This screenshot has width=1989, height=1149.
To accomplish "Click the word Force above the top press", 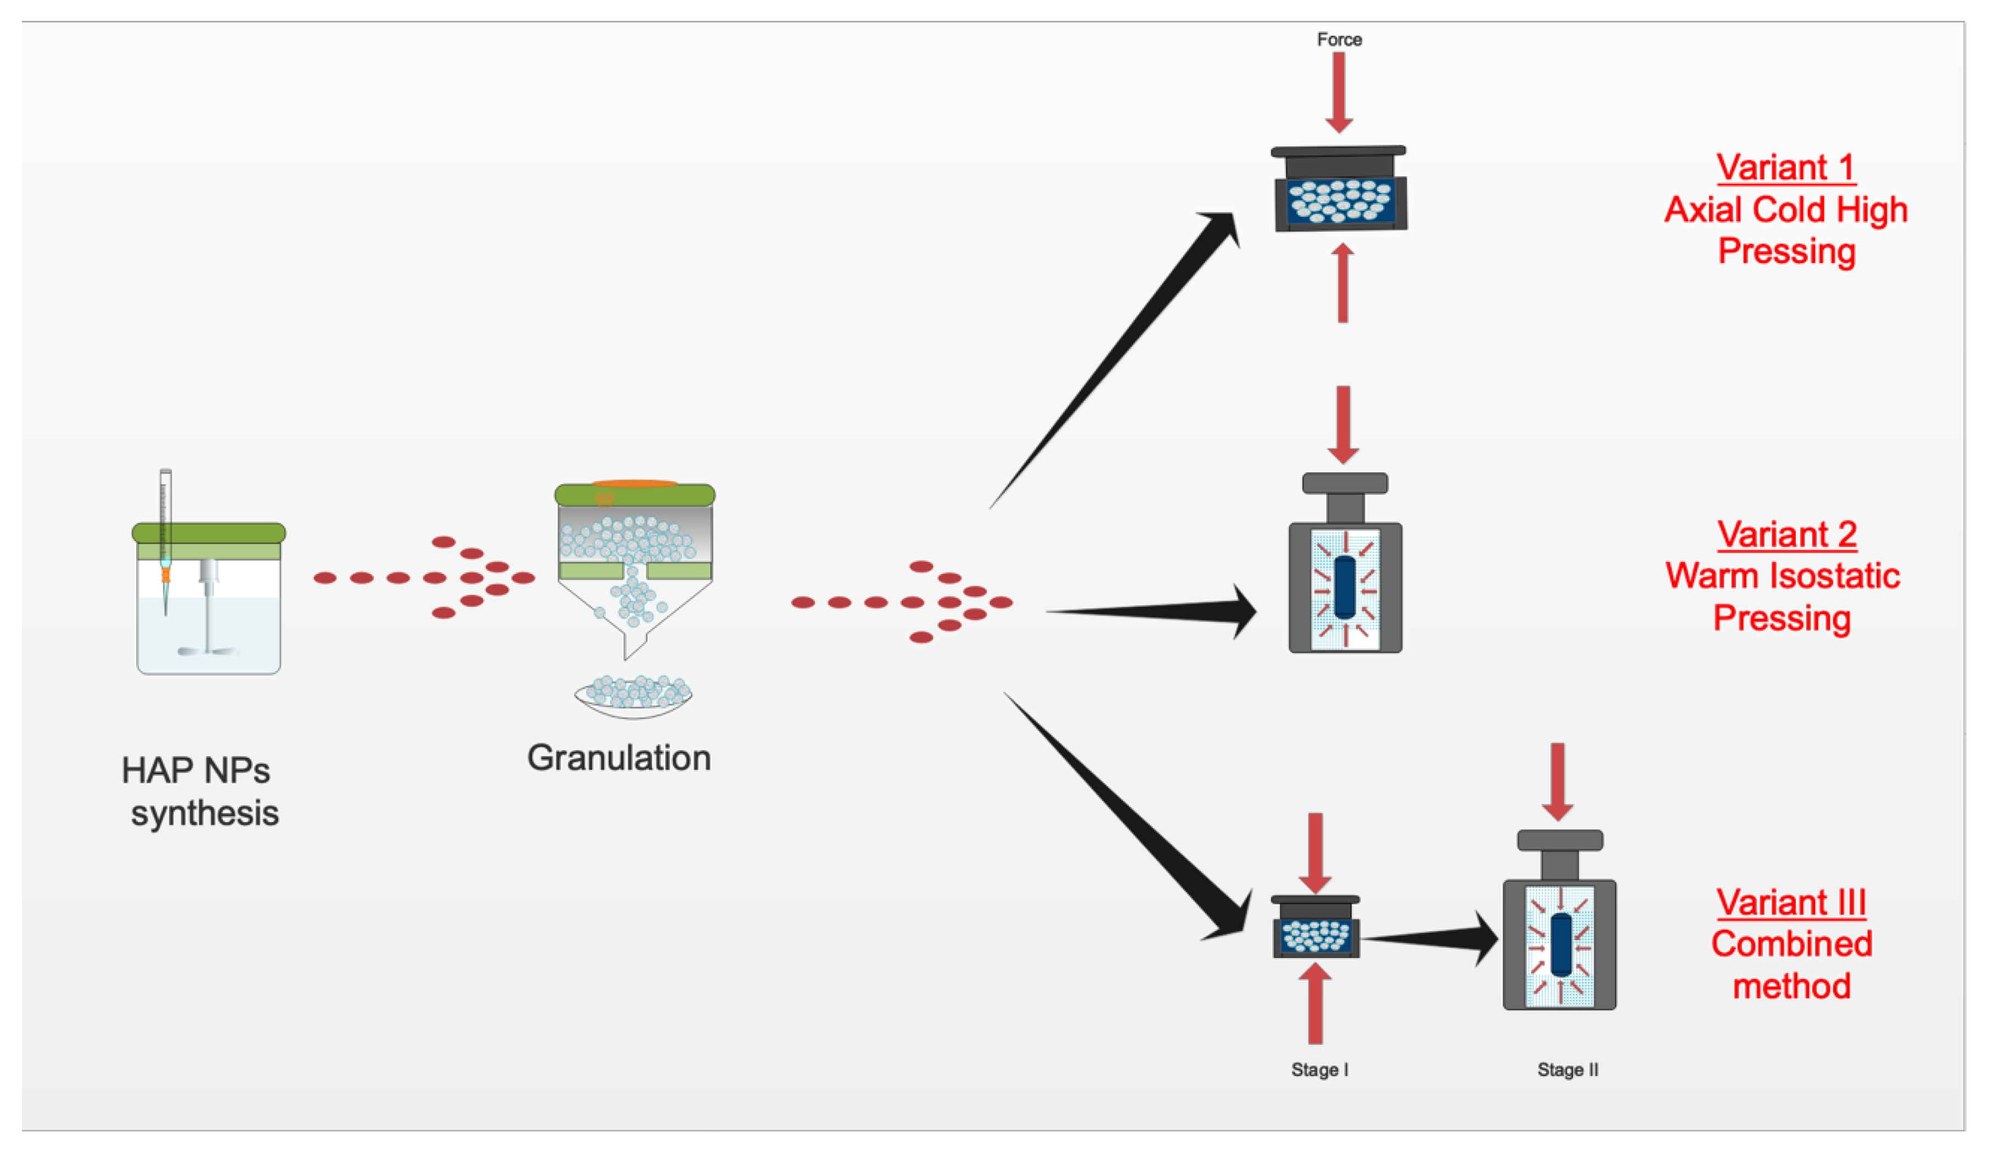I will click(x=1339, y=40).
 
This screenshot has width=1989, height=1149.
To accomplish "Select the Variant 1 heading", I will click(x=1785, y=167).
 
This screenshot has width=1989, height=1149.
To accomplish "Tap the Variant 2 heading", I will click(x=1787, y=535).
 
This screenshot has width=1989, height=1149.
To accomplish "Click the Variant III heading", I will click(x=1791, y=902).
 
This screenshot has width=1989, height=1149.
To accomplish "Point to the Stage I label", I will click(x=1319, y=1070).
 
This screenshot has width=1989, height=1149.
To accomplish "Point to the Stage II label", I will click(x=1567, y=1070).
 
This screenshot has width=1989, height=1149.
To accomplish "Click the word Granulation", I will click(x=619, y=758).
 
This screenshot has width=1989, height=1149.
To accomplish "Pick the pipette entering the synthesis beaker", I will click(x=166, y=537).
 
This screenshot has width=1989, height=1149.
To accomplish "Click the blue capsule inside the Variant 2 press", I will click(x=1345, y=588).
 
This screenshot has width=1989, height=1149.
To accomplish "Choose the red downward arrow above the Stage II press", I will click(x=1557, y=781).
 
